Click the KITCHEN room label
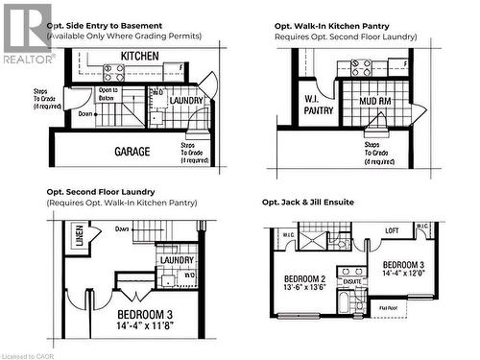(x=140, y=57)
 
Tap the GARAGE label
(x=132, y=151)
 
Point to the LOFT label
(x=391, y=231)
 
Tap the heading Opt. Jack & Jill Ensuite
(x=324, y=203)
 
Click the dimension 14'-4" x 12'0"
(x=403, y=274)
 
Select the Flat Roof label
(x=390, y=308)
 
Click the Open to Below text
(x=107, y=94)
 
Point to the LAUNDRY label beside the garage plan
(x=186, y=100)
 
